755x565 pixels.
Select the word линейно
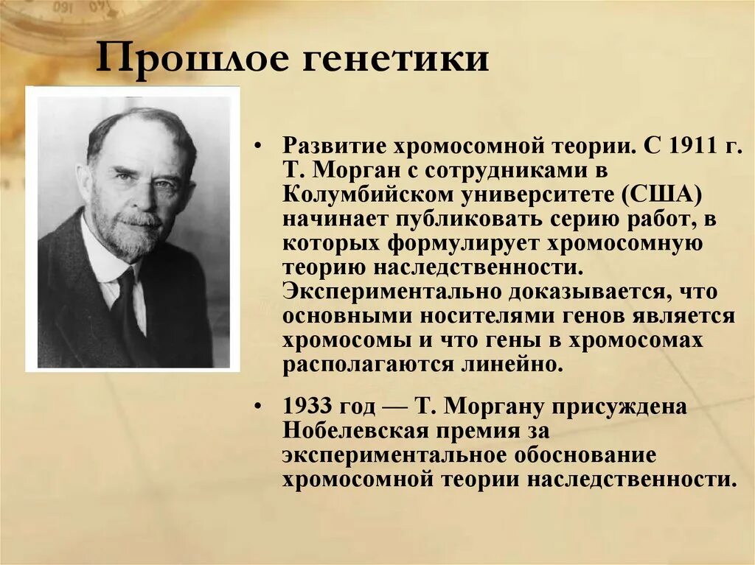pos(516,365)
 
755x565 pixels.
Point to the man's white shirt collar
pos(100,258)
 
